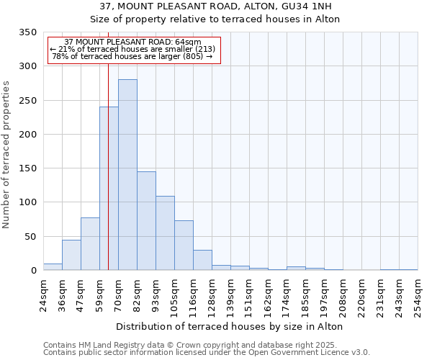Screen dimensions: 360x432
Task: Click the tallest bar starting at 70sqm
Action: (127, 175)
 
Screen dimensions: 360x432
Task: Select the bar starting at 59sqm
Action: (109, 189)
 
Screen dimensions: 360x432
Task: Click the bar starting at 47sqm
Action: (90, 244)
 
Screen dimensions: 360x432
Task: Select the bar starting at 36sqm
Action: (71, 255)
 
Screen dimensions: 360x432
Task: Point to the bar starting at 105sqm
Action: (184, 246)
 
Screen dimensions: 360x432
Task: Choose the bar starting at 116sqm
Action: (202, 260)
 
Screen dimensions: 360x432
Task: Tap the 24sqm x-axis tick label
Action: (44, 294)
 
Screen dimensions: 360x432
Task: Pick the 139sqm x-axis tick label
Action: (230, 295)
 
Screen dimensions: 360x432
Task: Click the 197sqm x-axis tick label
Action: (324, 295)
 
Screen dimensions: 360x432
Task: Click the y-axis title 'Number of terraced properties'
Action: (6, 154)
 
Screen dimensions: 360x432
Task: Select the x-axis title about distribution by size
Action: (230, 326)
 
